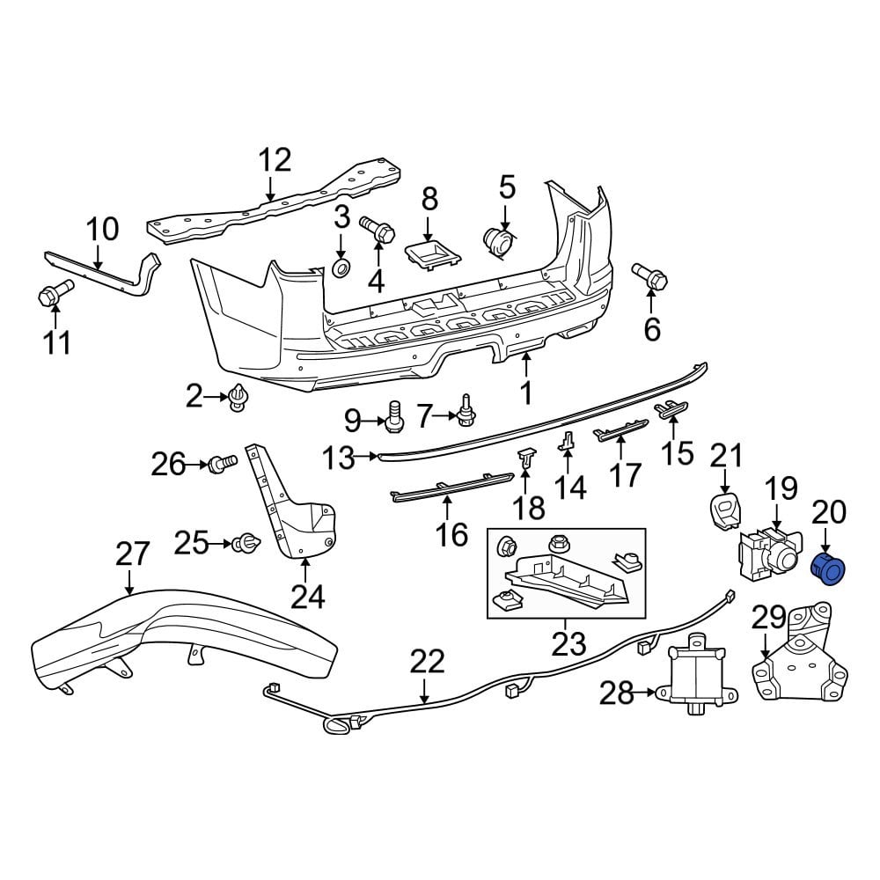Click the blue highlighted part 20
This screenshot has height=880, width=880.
pyautogui.click(x=826, y=569)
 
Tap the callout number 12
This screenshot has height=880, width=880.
pyautogui.click(x=274, y=161)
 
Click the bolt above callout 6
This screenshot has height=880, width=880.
pyautogui.click(x=652, y=277)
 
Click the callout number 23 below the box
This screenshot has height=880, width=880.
pyautogui.click(x=568, y=643)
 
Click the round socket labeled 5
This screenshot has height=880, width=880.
pyautogui.click(x=499, y=243)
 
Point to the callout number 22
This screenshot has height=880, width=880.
pyautogui.click(x=428, y=661)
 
